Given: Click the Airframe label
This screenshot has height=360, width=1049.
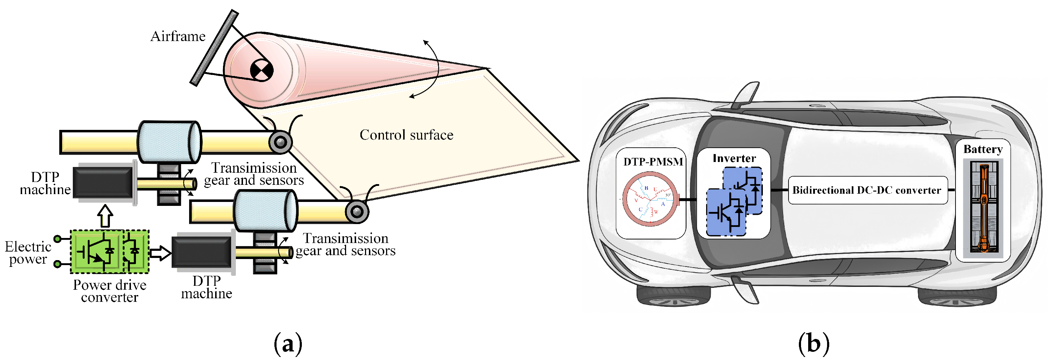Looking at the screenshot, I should [178, 36].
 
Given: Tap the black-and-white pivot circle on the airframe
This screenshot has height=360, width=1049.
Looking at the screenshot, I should [262, 70].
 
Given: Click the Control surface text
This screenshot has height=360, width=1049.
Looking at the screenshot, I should [406, 135].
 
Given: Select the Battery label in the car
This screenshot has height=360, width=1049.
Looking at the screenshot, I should [983, 149].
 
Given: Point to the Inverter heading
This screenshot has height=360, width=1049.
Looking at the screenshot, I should [734, 158].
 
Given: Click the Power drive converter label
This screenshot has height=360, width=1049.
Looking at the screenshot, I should [110, 291].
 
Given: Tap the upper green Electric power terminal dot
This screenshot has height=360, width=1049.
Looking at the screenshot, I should [58, 239].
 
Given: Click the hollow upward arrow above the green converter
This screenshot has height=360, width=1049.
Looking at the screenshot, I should [106, 216].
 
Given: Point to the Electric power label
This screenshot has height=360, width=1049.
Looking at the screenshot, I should [28, 253].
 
